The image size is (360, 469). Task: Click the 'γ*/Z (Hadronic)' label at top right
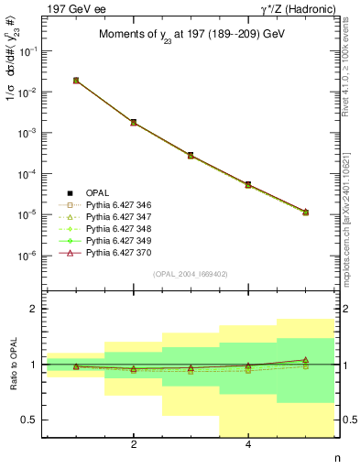(298, 8)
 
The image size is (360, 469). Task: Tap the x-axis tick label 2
(134, 446)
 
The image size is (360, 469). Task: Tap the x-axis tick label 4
(248, 446)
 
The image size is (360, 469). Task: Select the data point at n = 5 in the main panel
(305, 212)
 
